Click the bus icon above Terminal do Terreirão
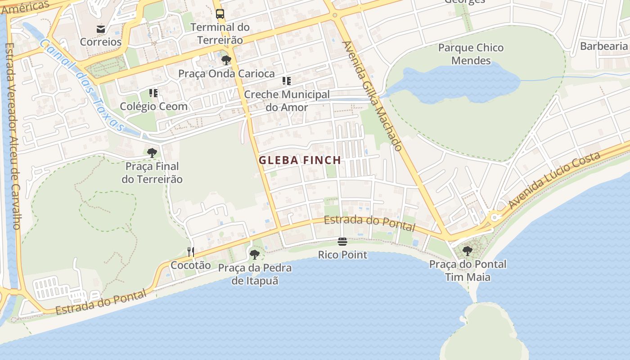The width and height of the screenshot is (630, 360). [220, 14]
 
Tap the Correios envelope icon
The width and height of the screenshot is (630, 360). [101, 29]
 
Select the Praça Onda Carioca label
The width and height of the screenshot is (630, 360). [226, 73]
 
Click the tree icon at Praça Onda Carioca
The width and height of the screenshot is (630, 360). [226, 60]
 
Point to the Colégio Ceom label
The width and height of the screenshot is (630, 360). [153, 107]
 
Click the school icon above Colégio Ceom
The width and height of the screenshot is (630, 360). [153, 93]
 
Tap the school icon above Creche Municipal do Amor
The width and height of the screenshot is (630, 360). [287, 81]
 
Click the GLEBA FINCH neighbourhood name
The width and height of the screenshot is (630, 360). [300, 160]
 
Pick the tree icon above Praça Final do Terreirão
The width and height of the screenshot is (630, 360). [152, 153]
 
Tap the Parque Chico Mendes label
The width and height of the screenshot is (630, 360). [471, 54]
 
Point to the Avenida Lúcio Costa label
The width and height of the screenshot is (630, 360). [554, 180]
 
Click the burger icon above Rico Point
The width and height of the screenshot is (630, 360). [342, 242]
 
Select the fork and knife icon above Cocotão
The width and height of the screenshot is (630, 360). [191, 252]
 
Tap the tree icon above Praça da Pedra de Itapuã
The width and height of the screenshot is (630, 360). [254, 255]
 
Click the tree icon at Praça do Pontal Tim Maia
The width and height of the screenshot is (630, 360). [468, 251]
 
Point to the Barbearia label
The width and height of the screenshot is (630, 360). [603, 46]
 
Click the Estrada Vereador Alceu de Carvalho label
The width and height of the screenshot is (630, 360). [13, 135]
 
